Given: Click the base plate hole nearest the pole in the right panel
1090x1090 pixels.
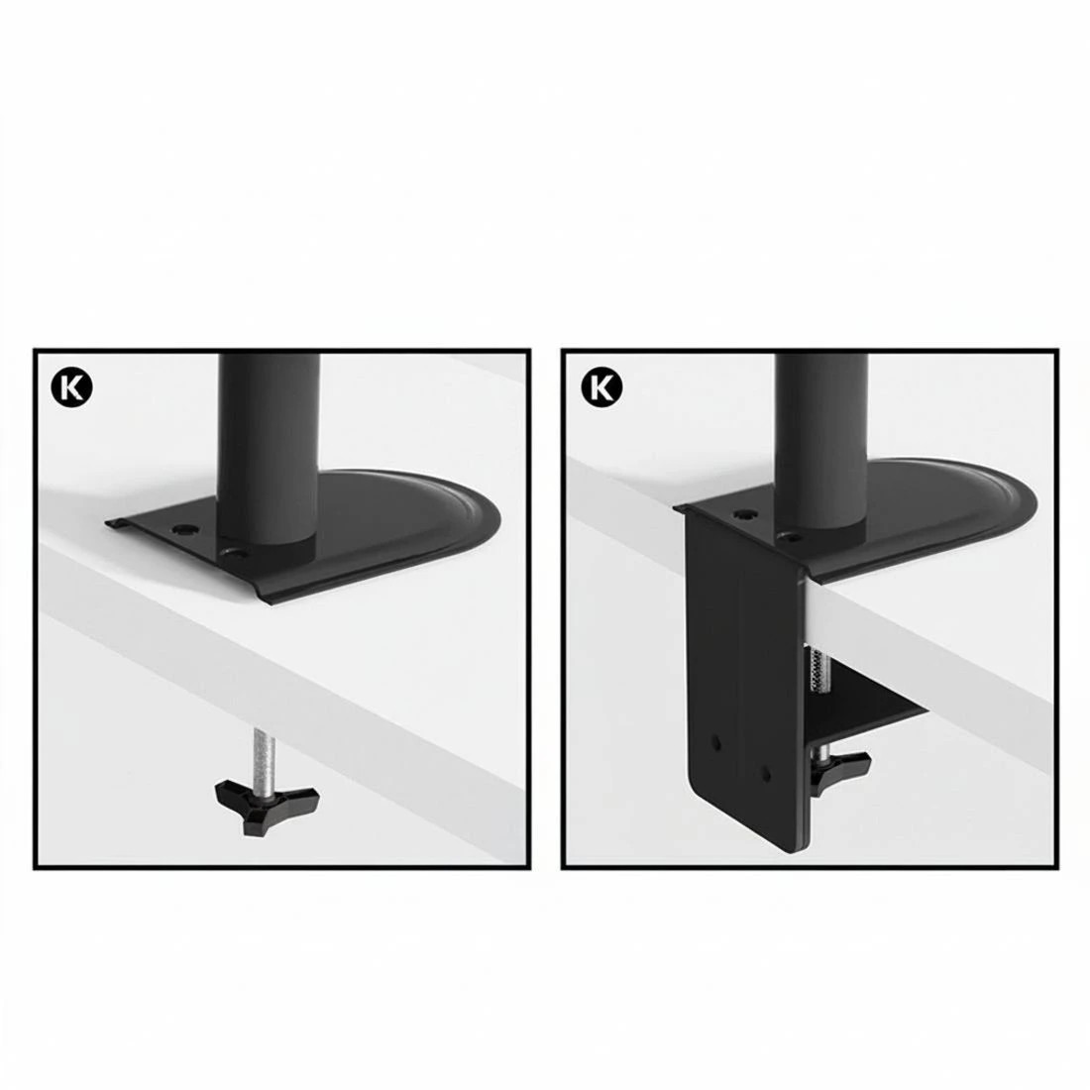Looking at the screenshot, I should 790,536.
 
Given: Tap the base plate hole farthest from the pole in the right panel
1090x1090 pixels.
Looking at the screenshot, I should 742,515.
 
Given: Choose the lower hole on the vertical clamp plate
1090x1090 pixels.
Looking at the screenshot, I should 765,769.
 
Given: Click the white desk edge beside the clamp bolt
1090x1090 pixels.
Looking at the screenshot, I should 872,634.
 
